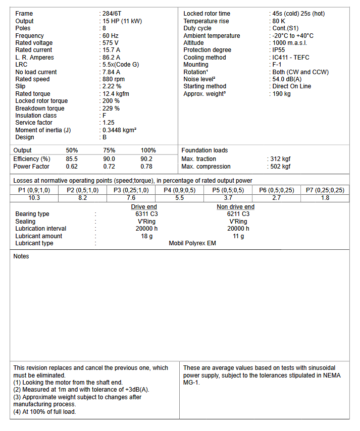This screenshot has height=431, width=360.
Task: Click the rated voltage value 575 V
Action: [x=111, y=43]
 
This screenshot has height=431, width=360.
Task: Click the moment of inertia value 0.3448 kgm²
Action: [x=120, y=130]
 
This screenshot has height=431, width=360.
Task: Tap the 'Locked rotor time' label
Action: [x=207, y=14]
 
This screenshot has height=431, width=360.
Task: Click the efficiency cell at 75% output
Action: [x=109, y=159]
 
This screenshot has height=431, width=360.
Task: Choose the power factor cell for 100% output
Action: [x=146, y=167]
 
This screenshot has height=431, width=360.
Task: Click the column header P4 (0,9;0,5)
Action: [x=180, y=190]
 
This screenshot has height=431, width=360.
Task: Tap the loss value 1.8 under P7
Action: [x=325, y=198]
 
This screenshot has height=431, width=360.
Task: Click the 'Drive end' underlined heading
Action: [x=144, y=207]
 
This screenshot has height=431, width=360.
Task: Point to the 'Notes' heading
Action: [x=21, y=256]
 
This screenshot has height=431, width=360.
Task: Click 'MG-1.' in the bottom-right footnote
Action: [x=192, y=383]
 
